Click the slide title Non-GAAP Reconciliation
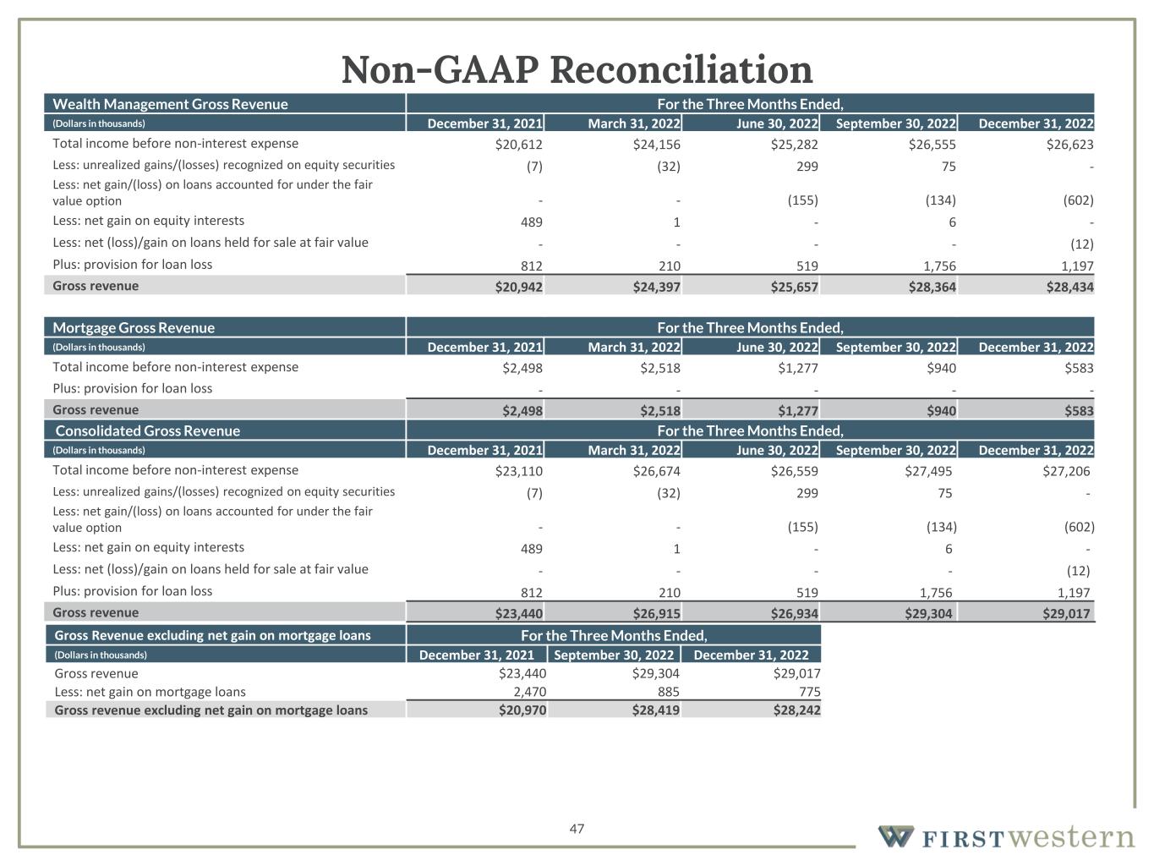coord(577,69)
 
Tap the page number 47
coord(577,829)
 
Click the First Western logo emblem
coord(895,836)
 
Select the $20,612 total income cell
coord(518,145)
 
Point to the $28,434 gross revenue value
coord(1069,288)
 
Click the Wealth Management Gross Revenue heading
coord(171,104)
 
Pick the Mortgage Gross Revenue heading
coord(134,327)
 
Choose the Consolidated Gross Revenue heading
coord(148,430)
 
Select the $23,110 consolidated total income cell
coord(518,471)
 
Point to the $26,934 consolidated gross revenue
coord(795,614)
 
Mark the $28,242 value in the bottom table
coord(796,710)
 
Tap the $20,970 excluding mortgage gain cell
coord(522,710)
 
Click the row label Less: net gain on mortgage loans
coord(150,692)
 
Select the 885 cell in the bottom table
coord(667,692)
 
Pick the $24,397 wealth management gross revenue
coord(656,288)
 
